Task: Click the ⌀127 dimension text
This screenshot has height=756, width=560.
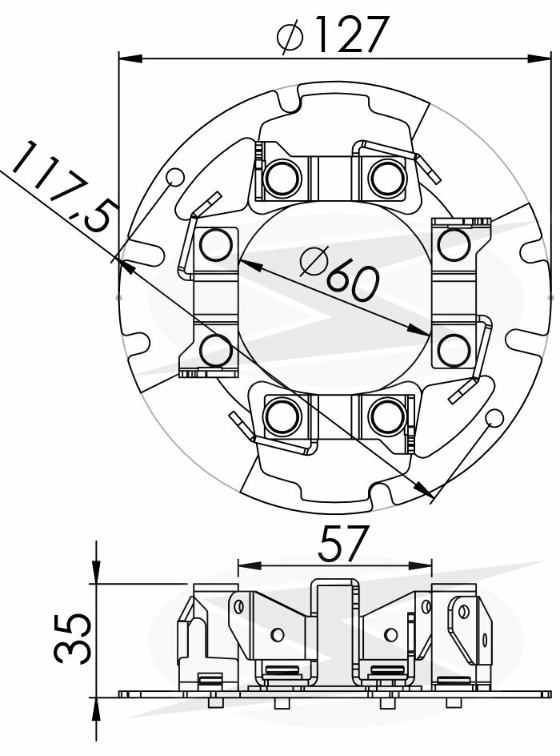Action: point(333,34)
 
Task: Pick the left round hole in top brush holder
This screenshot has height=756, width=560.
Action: point(282,177)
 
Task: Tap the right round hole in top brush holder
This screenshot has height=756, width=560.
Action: point(387,177)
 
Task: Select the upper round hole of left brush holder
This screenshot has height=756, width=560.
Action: point(215,245)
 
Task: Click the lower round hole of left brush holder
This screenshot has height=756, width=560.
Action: point(215,350)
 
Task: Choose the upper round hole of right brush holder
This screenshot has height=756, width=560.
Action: point(454,244)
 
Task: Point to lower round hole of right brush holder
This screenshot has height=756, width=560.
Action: point(454,349)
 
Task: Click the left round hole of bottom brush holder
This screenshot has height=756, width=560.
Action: point(282,415)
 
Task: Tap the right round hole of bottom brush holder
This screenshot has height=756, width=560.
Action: point(387,415)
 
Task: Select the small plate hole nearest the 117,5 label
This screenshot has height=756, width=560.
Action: point(175,178)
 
